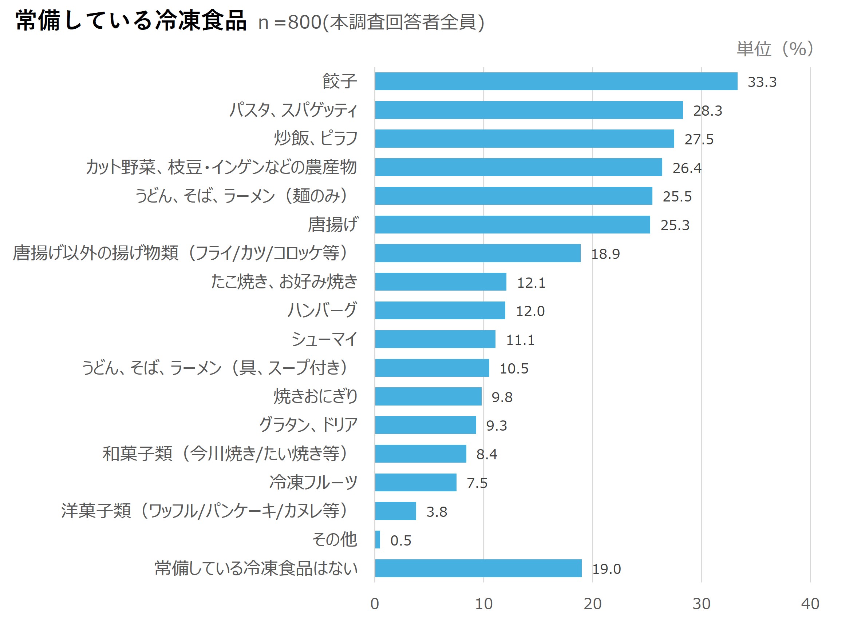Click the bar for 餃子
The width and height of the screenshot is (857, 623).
coord(556,81)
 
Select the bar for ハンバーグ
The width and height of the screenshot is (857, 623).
coord(440,311)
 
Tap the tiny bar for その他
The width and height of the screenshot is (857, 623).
coord(378,540)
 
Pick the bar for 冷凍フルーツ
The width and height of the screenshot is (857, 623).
coord(416,483)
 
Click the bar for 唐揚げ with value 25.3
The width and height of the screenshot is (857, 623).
coord(512,225)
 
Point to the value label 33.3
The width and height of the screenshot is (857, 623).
coord(762,82)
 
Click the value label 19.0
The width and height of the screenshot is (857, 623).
coord(606,569)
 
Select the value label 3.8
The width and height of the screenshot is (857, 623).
coord(437,512)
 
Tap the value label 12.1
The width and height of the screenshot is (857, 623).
coord(531,283)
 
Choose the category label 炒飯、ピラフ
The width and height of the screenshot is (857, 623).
coord(316,138)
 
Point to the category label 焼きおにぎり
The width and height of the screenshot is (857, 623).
coord(315,396)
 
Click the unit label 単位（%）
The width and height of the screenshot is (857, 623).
coord(775,49)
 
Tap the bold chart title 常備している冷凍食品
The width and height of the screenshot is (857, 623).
coord(131,21)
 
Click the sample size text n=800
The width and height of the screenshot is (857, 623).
coord(289,22)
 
